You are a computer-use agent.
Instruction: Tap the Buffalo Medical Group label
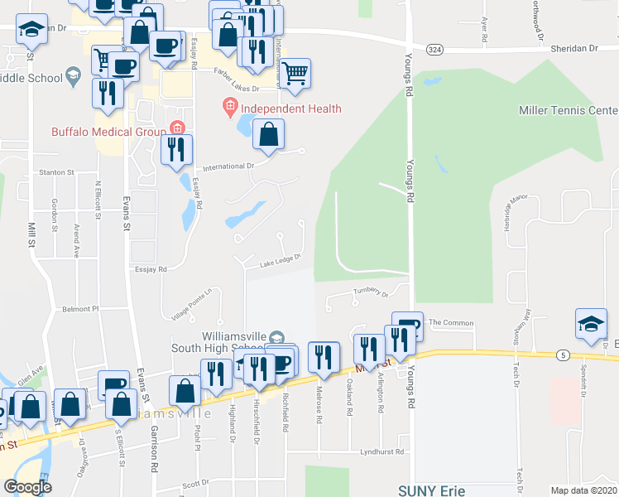(x=108, y=131)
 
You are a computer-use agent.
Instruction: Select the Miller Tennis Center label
(x=568, y=110)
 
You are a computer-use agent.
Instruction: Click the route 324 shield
(x=433, y=50)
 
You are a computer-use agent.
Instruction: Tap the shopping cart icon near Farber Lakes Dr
(x=295, y=73)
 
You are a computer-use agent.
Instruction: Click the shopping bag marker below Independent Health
(x=269, y=134)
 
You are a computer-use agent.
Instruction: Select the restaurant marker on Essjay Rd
(x=176, y=149)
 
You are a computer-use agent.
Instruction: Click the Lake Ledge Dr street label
(x=278, y=263)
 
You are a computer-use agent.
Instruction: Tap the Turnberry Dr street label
(x=371, y=292)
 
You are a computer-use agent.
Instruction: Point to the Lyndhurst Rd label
(x=381, y=452)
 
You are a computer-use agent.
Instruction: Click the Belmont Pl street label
(x=81, y=308)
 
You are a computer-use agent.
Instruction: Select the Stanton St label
(x=57, y=172)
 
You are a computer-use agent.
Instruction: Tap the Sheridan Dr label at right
(x=573, y=49)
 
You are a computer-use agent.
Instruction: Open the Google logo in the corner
(x=27, y=487)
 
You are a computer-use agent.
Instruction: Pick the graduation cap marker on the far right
(x=592, y=325)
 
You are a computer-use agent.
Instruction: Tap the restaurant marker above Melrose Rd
(x=324, y=357)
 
